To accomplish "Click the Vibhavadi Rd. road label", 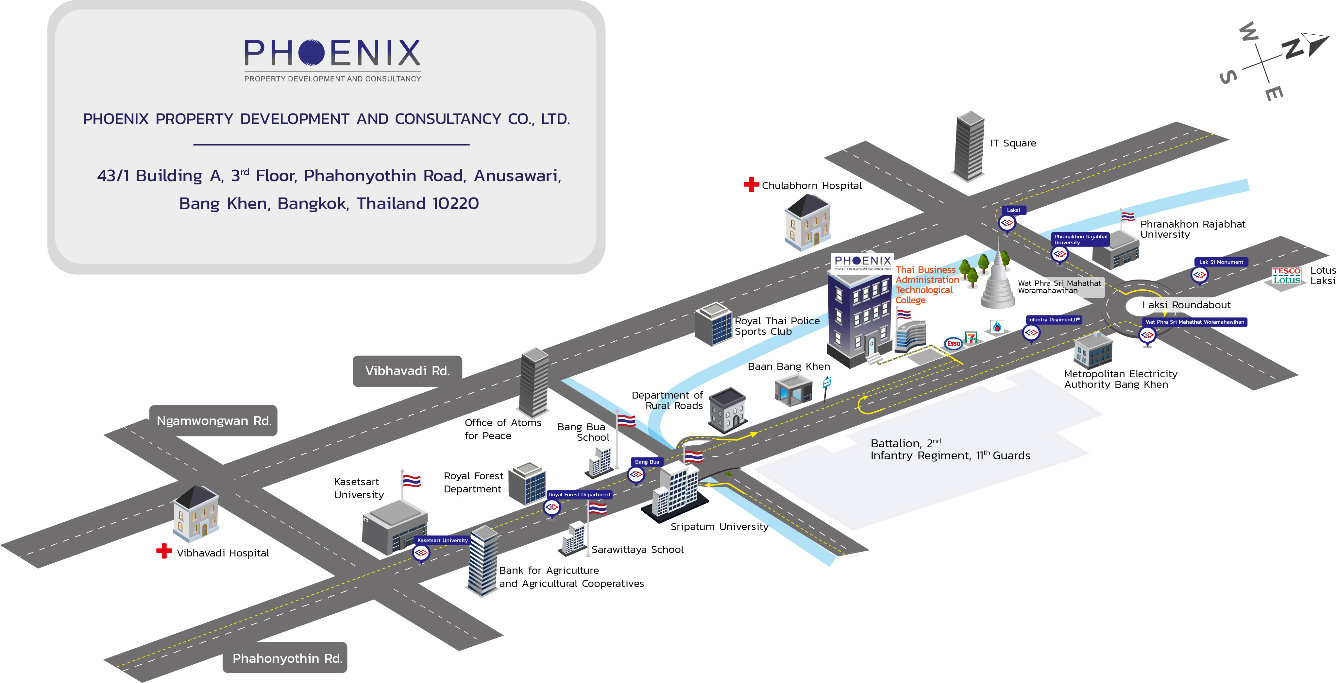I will (x=407, y=370).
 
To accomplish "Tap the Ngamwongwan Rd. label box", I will (x=213, y=420).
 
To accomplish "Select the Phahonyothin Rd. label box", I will (x=286, y=658).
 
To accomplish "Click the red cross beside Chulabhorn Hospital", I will (x=751, y=184).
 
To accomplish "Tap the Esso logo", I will (x=954, y=343).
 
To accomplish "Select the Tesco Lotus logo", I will (x=1286, y=276).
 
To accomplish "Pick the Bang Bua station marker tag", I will (x=647, y=461).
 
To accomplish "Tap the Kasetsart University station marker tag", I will (x=442, y=540).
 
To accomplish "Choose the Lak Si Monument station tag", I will (x=1221, y=262).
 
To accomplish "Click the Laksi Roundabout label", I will (x=1186, y=305).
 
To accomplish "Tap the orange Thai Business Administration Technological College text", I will (x=926, y=284).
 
